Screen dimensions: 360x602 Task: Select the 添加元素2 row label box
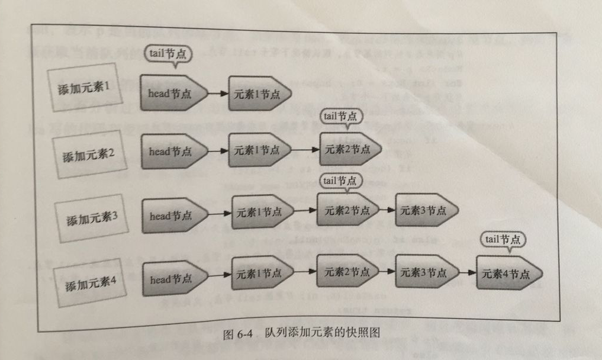88,156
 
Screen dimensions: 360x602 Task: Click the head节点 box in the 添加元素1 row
172,93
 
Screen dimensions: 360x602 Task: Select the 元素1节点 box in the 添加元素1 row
259,94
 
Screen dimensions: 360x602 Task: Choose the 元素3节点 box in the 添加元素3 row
425,210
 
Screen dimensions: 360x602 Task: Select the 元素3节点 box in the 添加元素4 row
425,273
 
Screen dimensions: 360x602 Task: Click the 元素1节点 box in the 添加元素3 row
261,212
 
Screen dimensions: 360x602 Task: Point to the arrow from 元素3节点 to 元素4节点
467,274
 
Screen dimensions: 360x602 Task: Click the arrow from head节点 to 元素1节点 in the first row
218,94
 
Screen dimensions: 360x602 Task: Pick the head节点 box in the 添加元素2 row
172,151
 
